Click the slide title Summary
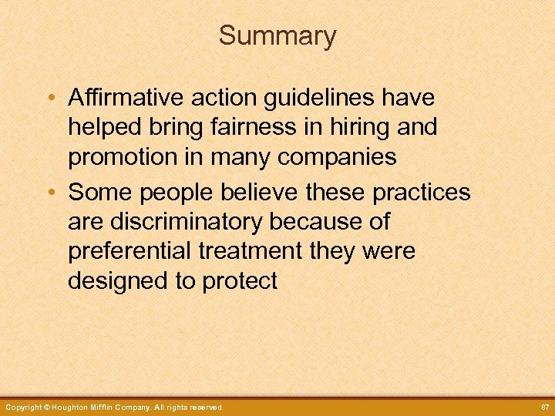point(277,35)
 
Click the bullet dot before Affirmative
point(49,99)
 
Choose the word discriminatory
point(187,222)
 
